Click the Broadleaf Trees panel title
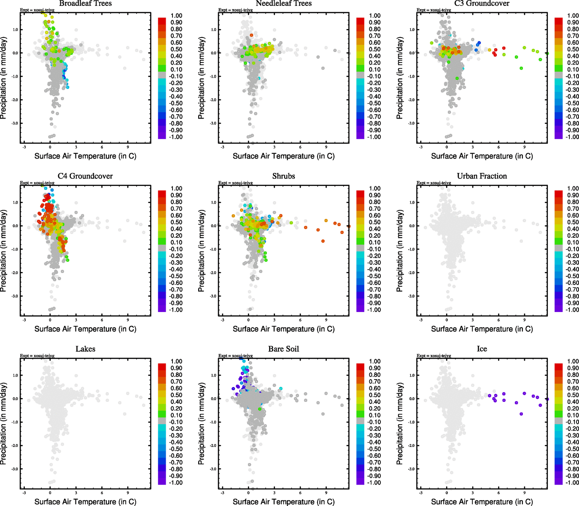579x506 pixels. [x=85, y=3]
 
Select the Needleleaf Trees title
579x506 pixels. [x=283, y=3]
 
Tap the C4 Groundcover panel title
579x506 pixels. [x=85, y=176]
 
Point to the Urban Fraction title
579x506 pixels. [x=482, y=176]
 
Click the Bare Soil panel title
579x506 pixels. [x=283, y=349]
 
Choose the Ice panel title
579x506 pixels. [x=482, y=349]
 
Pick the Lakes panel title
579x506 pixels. [x=85, y=349]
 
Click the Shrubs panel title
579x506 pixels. [x=283, y=176]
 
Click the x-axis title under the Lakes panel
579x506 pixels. [x=85, y=502]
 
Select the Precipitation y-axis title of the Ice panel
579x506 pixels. [x=400, y=424]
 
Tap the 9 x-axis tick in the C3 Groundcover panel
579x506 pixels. [x=525, y=147]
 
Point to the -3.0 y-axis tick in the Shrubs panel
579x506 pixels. [x=213, y=296]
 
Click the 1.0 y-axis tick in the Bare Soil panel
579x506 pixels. [x=213, y=375]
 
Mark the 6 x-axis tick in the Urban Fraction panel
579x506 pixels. [x=498, y=320]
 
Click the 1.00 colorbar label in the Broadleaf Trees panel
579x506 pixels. [x=176, y=16]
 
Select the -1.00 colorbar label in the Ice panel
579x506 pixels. [x=572, y=482]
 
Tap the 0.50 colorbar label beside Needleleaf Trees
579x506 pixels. [x=374, y=49]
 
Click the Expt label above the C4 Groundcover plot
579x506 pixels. [x=37, y=183]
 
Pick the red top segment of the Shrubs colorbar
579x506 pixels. [x=361, y=194]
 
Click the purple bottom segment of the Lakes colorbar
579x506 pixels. [x=162, y=481]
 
